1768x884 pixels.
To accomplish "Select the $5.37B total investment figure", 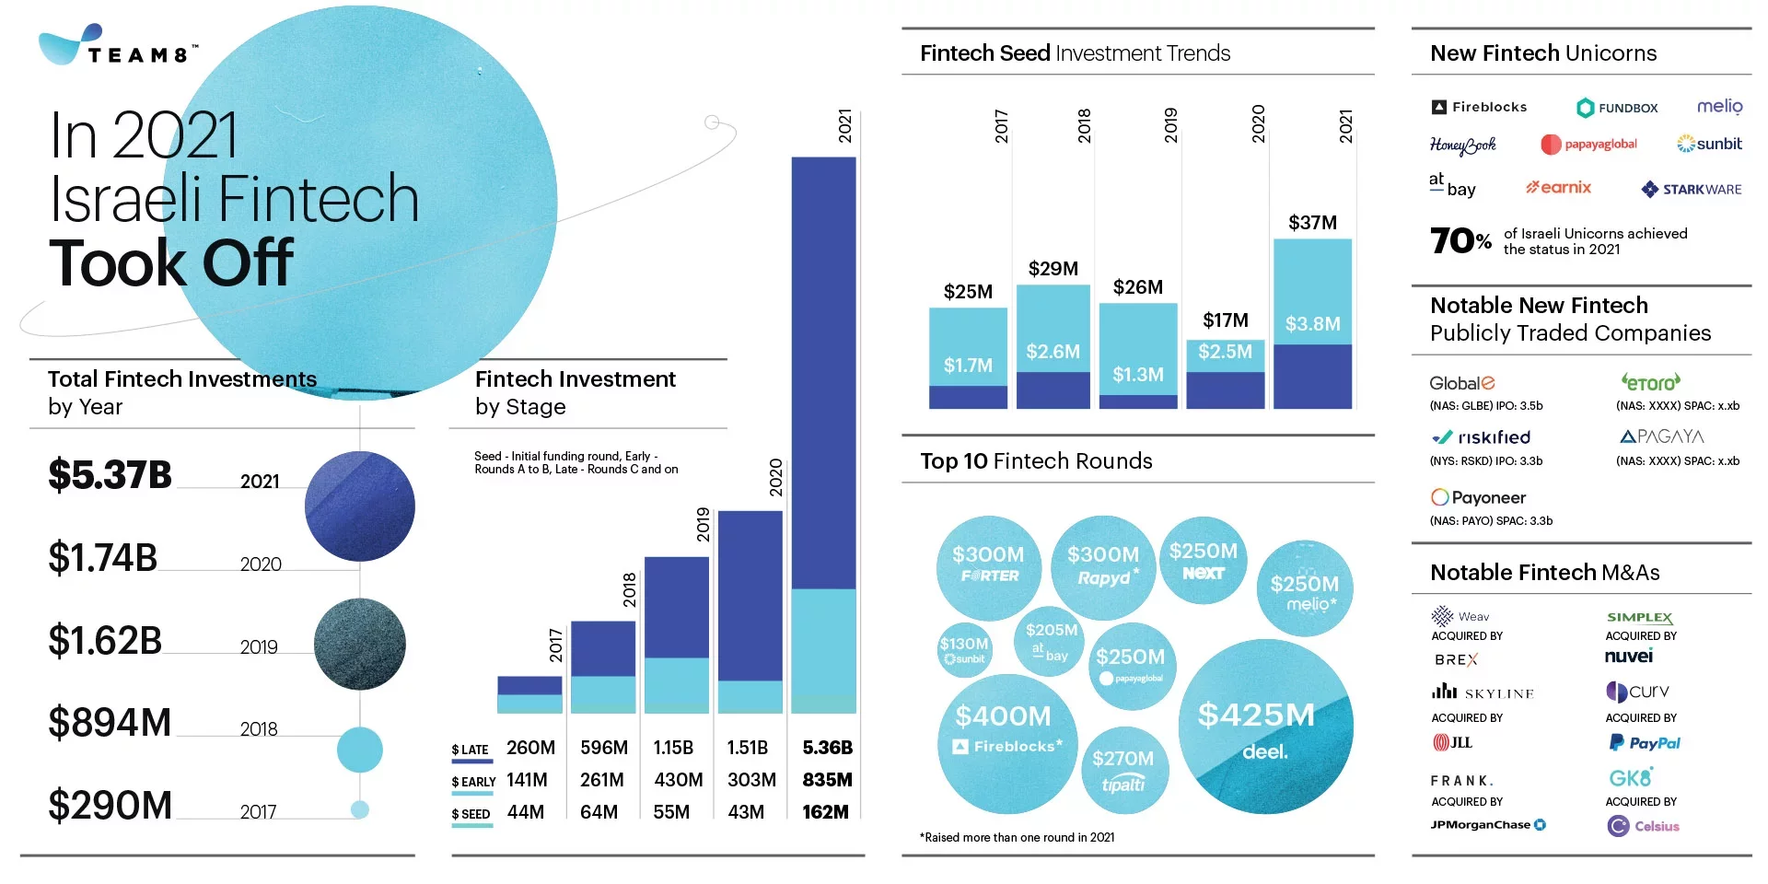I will click(110, 475).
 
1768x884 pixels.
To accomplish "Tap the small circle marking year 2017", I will click(360, 809).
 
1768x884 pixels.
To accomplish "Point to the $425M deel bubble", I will click(1265, 727).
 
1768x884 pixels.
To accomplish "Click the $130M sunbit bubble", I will click(964, 649).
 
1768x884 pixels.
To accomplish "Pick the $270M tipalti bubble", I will click(1123, 770).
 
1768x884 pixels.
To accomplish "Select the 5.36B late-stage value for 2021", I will click(827, 748).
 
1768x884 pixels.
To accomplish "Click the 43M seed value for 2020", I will click(746, 812).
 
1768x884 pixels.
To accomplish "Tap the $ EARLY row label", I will click(473, 782).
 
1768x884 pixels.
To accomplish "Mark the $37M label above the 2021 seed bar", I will click(1312, 223).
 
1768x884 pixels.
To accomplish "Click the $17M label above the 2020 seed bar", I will click(1226, 320).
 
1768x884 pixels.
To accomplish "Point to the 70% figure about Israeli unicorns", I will click(1460, 241).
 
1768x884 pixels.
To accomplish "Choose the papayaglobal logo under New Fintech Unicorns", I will click(1589, 145).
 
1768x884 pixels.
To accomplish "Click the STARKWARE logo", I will click(1692, 190).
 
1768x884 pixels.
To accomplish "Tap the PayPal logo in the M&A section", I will click(1645, 743).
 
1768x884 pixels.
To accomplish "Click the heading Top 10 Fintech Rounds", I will click(1036, 461).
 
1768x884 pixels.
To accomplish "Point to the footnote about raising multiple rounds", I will click(1017, 838).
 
